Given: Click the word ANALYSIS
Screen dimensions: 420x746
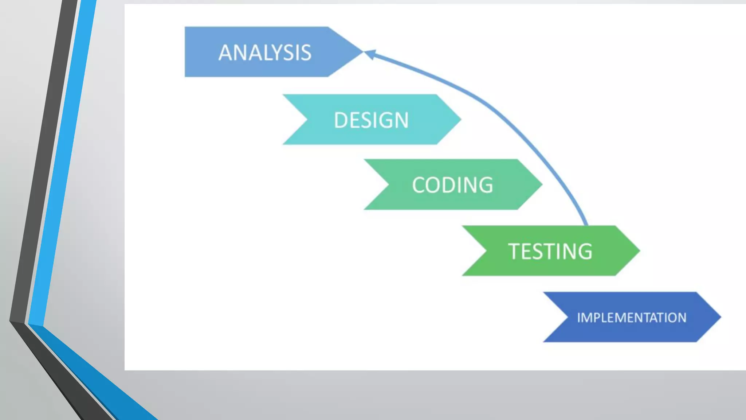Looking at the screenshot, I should (265, 52).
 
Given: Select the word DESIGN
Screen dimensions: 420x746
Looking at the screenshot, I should (371, 120).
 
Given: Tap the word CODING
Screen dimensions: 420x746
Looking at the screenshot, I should (452, 185).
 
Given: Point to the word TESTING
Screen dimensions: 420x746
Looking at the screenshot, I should (550, 251).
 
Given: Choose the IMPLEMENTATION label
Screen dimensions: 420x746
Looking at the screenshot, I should (632, 318).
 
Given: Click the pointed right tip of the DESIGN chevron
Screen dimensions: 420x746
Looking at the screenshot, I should (460, 119).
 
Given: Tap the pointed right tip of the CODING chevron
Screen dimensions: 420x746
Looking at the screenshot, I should (542, 184).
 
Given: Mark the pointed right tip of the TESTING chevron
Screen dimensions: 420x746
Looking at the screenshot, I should (639, 250).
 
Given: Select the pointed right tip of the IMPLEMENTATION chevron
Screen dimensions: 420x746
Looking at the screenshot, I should (721, 317).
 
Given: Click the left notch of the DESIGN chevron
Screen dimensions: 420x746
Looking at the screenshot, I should (307, 119).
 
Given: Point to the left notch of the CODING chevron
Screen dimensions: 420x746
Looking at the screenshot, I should (388, 184).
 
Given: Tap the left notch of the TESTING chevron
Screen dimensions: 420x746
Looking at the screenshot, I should (486, 250).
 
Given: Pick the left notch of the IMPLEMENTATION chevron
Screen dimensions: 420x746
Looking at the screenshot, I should (567, 317).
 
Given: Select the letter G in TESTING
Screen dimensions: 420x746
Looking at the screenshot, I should (584, 252).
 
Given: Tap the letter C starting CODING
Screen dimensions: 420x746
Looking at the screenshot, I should (420, 185).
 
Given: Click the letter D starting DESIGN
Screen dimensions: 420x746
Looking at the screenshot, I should (341, 120).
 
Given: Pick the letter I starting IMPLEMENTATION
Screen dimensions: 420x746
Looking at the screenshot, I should (579, 318).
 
